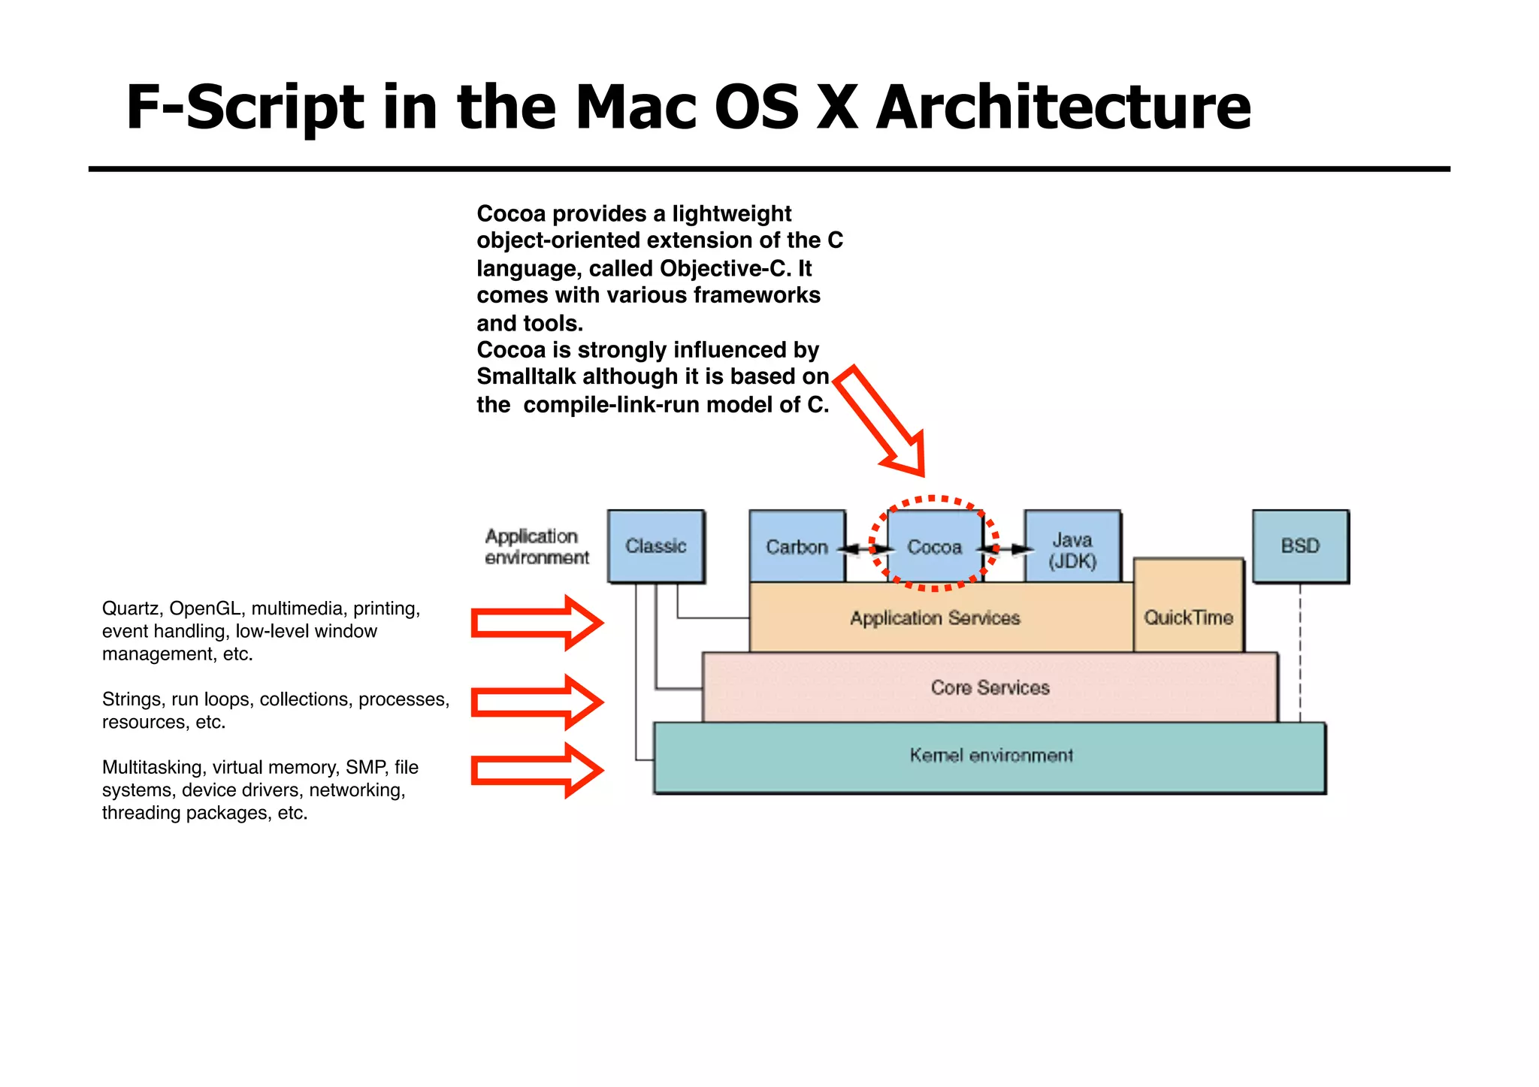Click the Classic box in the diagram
click(x=656, y=546)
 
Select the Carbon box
click(x=797, y=547)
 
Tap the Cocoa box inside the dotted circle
click(x=934, y=547)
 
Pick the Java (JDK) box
click(x=1072, y=550)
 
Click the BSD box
click(x=1300, y=546)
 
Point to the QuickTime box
click(x=1188, y=617)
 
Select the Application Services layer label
click(x=935, y=618)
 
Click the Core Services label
click(x=990, y=687)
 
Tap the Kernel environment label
click(x=990, y=755)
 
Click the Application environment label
click(x=537, y=547)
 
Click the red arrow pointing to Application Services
click(x=537, y=623)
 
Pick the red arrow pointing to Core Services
click(x=537, y=702)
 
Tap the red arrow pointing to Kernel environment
click(x=537, y=770)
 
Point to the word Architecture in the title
click(x=1063, y=107)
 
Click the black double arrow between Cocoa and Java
click(x=1005, y=549)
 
